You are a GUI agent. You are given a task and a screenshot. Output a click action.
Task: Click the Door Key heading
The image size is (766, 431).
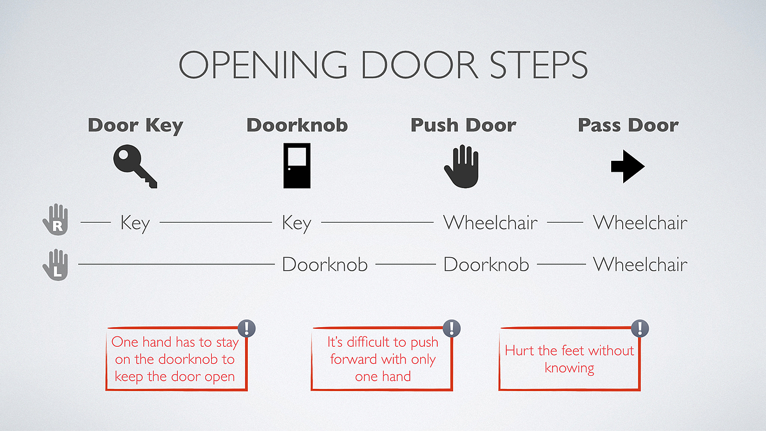point(135,125)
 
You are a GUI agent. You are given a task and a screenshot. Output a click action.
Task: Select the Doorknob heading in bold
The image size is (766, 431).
point(297,125)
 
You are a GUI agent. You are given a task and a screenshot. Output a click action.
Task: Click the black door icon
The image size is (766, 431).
point(297,165)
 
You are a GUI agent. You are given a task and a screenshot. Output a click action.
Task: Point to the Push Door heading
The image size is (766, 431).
point(463,125)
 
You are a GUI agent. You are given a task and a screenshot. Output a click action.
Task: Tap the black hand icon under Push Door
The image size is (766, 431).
point(461,166)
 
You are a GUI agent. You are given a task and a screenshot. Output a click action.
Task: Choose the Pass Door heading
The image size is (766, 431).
point(628,125)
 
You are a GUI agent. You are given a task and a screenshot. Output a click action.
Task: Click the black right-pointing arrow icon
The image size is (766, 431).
point(628,166)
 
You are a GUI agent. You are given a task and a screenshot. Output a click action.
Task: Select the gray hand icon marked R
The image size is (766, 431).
point(55,220)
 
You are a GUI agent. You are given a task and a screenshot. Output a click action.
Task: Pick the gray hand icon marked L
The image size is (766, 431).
point(55,265)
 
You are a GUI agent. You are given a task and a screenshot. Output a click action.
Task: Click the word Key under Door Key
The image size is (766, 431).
point(135,223)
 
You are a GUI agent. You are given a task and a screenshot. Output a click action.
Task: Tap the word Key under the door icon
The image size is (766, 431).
point(297,223)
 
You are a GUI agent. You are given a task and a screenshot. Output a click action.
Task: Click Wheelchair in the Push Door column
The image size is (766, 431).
point(490,223)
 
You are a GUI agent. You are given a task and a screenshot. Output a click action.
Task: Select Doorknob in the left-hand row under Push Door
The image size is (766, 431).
point(486,265)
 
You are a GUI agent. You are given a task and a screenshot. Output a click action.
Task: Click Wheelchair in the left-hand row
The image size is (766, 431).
point(640,265)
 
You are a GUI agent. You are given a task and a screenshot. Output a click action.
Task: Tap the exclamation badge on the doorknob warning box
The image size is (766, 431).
point(247,329)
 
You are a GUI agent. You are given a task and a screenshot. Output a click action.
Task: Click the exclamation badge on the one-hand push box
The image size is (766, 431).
point(451,328)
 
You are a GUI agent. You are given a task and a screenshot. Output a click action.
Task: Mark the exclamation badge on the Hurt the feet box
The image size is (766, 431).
point(640,329)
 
